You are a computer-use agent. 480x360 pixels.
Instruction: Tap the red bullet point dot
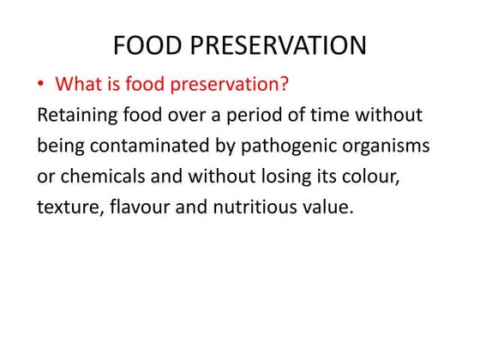click(40, 86)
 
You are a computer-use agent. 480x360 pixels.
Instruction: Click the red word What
click(80, 85)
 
